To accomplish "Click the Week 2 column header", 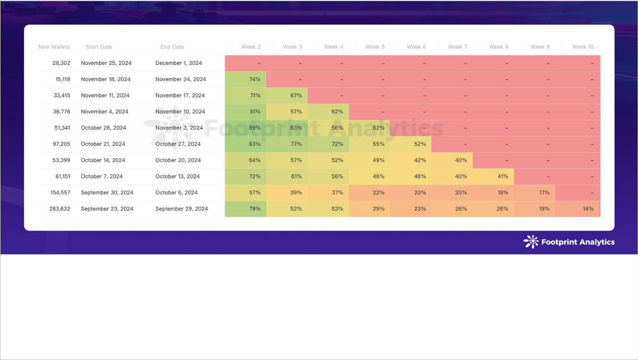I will click(251, 47).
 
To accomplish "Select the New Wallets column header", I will click(54, 47).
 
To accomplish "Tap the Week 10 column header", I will click(583, 47).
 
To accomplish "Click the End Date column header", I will click(172, 47).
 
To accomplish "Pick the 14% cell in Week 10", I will click(588, 209).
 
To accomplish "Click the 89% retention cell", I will click(255, 128).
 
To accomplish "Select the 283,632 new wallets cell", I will click(57, 209).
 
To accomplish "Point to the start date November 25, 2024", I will click(106, 63).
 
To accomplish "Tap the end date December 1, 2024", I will click(178, 63).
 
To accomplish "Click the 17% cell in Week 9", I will click(544, 192).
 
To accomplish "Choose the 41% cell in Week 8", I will click(503, 176).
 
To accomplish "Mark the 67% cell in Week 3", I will click(296, 95).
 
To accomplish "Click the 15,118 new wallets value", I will click(59, 79).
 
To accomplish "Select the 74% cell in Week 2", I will click(255, 79).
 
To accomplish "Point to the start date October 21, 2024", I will click(103, 144).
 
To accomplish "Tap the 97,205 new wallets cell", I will click(59, 144).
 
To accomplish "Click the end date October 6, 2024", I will click(176, 192).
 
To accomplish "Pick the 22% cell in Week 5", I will click(379, 192).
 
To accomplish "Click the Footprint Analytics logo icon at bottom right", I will click(531, 242).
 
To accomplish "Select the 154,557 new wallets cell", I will click(57, 192).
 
